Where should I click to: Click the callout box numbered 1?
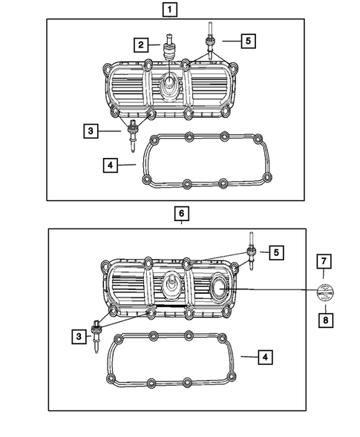tap(171, 10)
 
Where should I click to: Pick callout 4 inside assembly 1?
tap(110, 164)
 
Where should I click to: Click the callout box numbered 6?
tap(180, 214)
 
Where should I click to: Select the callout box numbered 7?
tap(323, 260)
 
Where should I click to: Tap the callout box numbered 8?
tap(323, 320)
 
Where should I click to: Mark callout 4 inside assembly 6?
tap(264, 358)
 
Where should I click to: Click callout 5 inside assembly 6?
tap(275, 253)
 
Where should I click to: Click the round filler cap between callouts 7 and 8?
tap(323, 290)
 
